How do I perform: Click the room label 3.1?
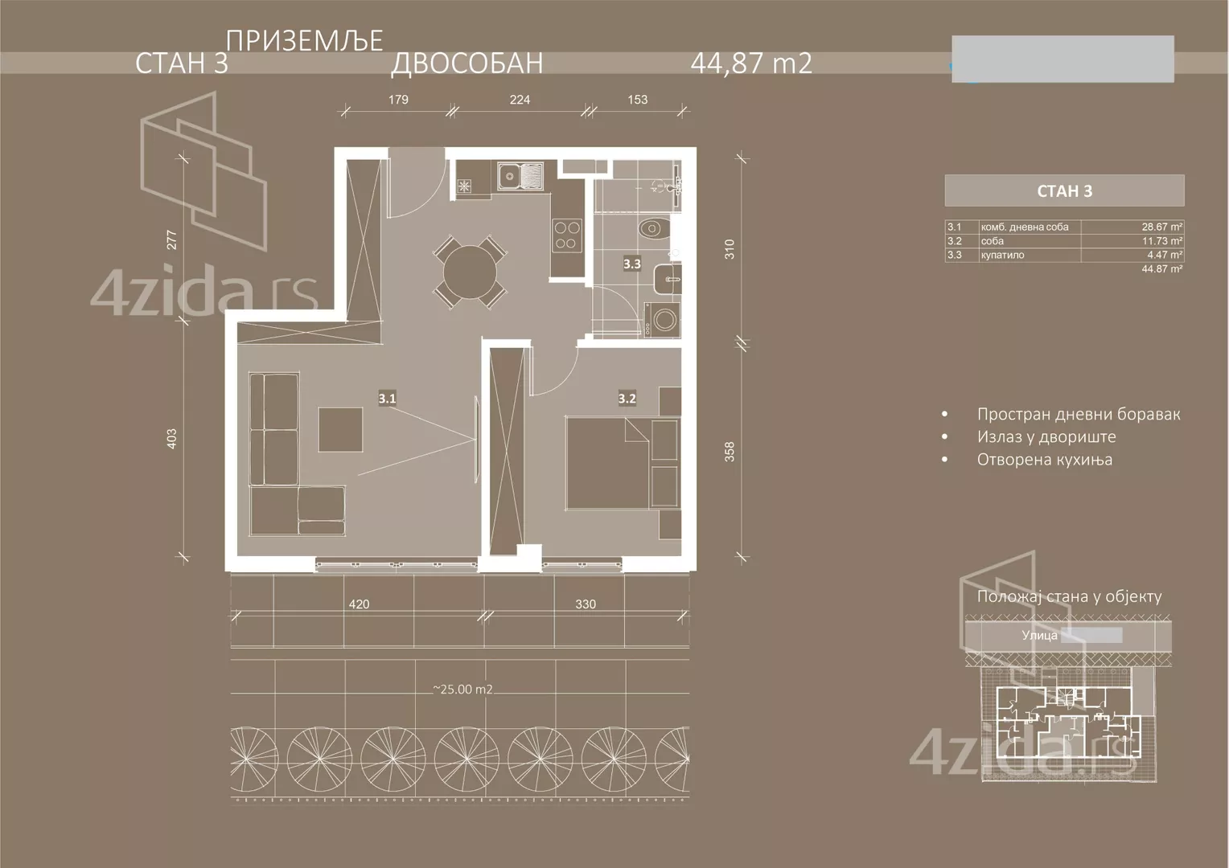pyautogui.click(x=387, y=398)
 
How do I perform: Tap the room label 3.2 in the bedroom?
pyautogui.click(x=627, y=398)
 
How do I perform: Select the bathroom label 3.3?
pyautogui.click(x=631, y=263)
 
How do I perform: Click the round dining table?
pyautogui.click(x=470, y=272)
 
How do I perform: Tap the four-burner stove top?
pyautogui.click(x=566, y=234)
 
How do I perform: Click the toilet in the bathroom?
pyautogui.click(x=654, y=229)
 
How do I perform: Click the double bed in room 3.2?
pyautogui.click(x=608, y=462)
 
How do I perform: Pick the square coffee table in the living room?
pyautogui.click(x=340, y=429)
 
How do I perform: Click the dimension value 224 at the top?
pyautogui.click(x=520, y=100)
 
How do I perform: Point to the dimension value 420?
pyautogui.click(x=359, y=604)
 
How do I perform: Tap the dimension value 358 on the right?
pyautogui.click(x=730, y=452)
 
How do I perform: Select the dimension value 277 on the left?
pyautogui.click(x=171, y=240)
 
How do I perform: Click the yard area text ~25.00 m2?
pyautogui.click(x=462, y=690)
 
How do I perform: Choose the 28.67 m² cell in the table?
pyautogui.click(x=1161, y=227)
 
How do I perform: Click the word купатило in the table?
pyautogui.click(x=1002, y=255)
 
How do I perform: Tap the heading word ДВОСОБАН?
pyautogui.click(x=467, y=63)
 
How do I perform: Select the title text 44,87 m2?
pyautogui.click(x=751, y=63)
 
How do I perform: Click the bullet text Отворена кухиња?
pyautogui.click(x=1044, y=460)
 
